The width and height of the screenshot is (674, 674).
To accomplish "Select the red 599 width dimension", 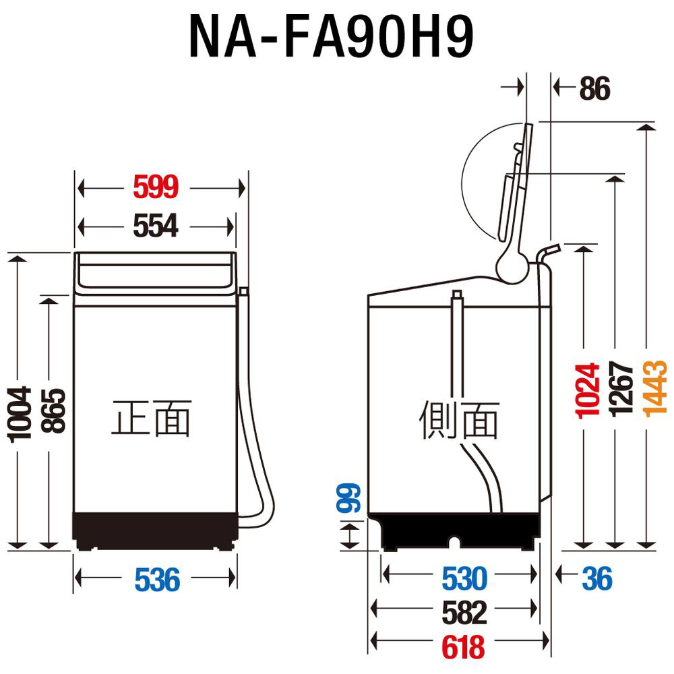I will click(156, 188).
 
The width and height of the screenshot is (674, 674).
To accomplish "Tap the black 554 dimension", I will click(156, 227).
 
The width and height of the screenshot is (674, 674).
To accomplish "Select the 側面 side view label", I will click(459, 419).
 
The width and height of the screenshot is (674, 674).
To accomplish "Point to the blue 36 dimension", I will click(596, 579).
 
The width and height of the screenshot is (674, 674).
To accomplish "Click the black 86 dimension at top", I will click(594, 89).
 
